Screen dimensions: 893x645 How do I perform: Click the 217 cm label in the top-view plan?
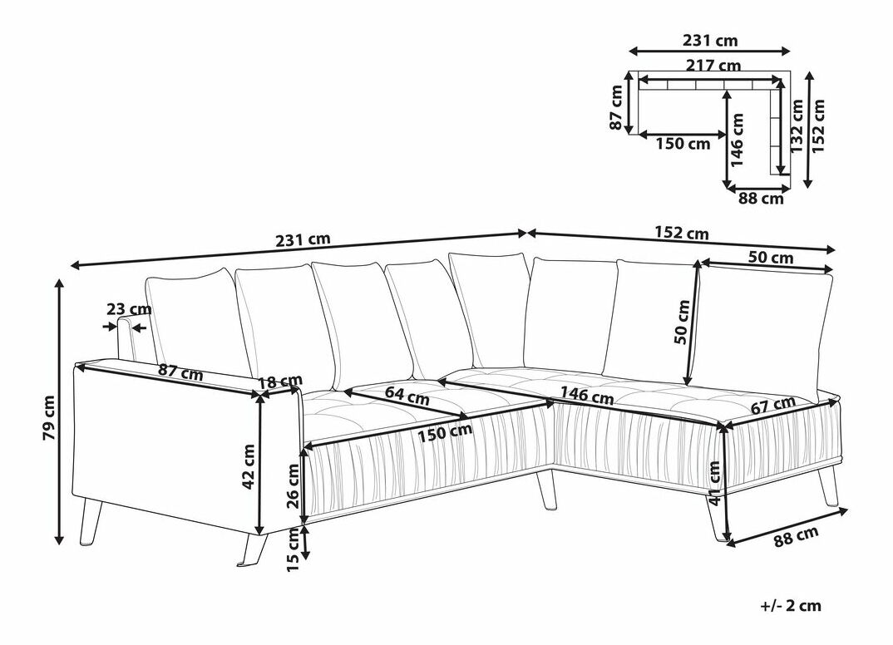[x=713, y=66]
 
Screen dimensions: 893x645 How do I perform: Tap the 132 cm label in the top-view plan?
[x=797, y=126]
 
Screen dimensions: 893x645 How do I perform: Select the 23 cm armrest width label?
[x=129, y=309]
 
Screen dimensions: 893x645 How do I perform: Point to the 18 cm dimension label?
[x=280, y=382]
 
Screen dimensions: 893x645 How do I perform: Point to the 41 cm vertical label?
[x=714, y=482]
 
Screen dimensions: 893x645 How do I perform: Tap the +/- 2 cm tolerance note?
[x=791, y=605]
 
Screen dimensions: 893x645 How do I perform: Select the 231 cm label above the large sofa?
[x=303, y=239]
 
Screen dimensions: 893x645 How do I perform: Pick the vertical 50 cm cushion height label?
[x=682, y=322]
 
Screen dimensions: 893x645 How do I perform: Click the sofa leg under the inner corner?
[x=546, y=489]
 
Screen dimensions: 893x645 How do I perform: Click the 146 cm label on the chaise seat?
[x=586, y=394]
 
